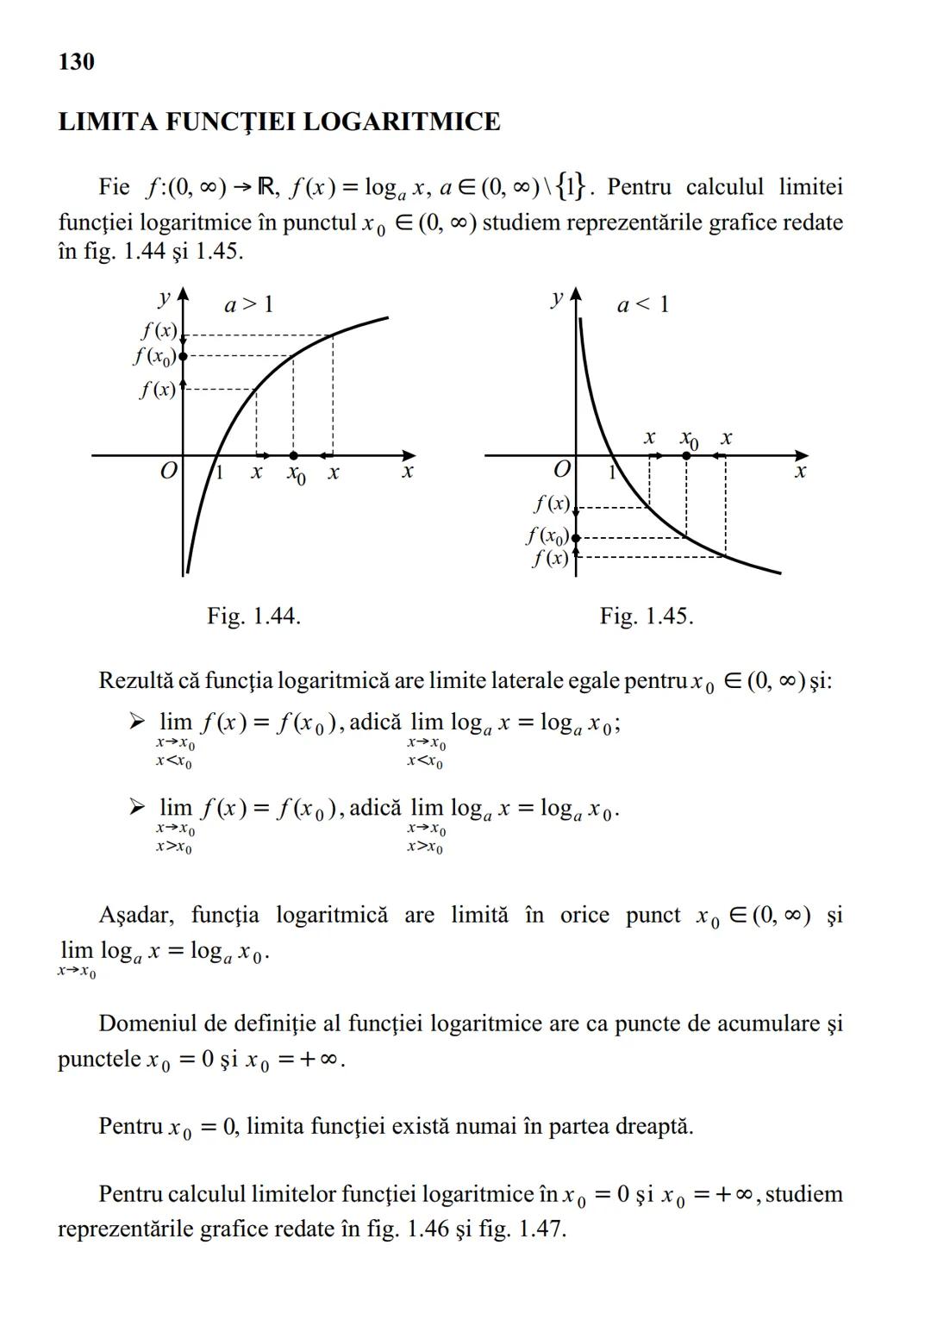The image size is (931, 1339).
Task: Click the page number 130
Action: (76, 62)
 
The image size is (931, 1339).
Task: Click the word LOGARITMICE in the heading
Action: (402, 122)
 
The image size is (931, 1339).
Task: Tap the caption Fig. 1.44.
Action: (253, 616)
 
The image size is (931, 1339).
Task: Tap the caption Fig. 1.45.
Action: (647, 616)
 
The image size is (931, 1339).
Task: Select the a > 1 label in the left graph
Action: (248, 304)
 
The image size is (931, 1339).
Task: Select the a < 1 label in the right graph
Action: (643, 304)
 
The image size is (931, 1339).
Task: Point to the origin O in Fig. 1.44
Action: (169, 471)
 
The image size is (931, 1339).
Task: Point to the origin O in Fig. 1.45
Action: (562, 470)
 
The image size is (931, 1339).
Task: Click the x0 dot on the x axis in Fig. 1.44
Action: (293, 455)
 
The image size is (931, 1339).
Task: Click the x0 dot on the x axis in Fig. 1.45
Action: (686, 455)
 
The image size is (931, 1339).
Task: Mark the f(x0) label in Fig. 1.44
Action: (155, 355)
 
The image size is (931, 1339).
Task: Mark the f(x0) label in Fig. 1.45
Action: (547, 536)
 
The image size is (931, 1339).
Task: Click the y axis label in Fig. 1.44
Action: (163, 298)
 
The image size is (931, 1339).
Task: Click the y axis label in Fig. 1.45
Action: (557, 298)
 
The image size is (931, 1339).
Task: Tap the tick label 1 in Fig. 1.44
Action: (219, 472)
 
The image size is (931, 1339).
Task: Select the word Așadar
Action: (136, 915)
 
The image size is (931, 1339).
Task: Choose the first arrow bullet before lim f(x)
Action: (138, 722)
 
